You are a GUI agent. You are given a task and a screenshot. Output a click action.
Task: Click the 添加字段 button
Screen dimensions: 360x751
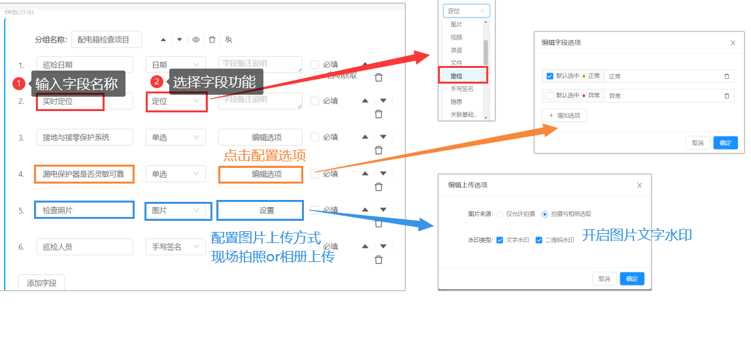pyautogui.click(x=41, y=283)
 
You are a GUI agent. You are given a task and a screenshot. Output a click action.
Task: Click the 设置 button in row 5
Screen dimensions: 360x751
pyautogui.click(x=260, y=210)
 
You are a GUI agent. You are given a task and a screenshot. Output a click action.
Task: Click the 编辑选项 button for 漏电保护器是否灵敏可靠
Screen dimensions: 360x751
pyautogui.click(x=260, y=174)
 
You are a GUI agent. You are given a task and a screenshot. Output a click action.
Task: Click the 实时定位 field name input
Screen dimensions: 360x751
pyautogui.click(x=71, y=101)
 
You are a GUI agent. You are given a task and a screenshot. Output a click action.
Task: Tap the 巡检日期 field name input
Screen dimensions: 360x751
pyautogui.click(x=84, y=65)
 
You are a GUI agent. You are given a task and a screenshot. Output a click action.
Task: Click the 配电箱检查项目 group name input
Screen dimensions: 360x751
pyautogui.click(x=106, y=40)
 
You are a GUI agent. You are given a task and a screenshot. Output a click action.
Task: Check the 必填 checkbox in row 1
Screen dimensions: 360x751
pyautogui.click(x=315, y=65)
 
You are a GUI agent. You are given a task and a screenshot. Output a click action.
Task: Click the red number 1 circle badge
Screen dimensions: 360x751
pyautogui.click(x=19, y=84)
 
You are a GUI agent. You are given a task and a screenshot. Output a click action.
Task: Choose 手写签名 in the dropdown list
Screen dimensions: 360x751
pyautogui.click(x=462, y=89)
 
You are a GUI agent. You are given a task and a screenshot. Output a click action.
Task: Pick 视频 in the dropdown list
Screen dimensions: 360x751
pyautogui.click(x=457, y=37)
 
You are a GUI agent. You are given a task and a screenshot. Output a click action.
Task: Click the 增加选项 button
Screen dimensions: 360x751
pyautogui.click(x=564, y=116)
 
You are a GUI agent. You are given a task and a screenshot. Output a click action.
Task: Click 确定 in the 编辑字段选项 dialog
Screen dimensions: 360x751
pyautogui.click(x=725, y=142)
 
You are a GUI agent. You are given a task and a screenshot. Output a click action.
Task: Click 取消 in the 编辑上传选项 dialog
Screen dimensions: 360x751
pyautogui.click(x=604, y=279)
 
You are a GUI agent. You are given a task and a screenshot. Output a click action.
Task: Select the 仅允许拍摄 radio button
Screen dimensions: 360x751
pyautogui.click(x=500, y=214)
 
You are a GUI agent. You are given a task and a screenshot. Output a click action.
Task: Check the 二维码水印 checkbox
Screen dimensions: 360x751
pyautogui.click(x=539, y=240)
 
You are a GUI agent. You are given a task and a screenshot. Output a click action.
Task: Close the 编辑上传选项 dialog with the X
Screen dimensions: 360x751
pyautogui.click(x=639, y=186)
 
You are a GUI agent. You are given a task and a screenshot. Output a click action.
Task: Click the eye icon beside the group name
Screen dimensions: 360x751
pyautogui.click(x=195, y=40)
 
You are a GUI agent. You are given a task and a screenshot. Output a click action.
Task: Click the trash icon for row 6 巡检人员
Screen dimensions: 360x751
pyautogui.click(x=378, y=259)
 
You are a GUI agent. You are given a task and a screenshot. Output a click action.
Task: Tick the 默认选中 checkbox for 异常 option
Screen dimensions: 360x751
pyautogui.click(x=550, y=95)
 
